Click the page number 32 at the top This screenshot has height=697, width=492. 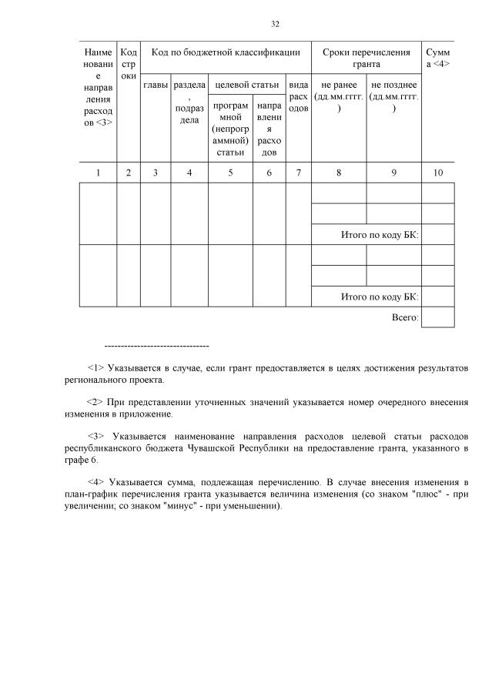[x=275, y=24]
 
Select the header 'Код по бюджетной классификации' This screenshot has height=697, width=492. [x=225, y=52]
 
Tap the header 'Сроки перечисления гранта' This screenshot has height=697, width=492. [x=366, y=58]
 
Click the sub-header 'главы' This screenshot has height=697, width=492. [x=155, y=85]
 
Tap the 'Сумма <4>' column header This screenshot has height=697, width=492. [x=437, y=58]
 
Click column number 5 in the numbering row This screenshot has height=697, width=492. [x=230, y=173]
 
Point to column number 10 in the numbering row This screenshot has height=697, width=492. [x=437, y=173]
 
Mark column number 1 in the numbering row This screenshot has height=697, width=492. [x=98, y=173]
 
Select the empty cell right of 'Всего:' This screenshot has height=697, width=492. [x=438, y=317]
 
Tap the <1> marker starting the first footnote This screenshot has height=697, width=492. [x=96, y=368]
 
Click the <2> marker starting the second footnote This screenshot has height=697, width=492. [x=96, y=401]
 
